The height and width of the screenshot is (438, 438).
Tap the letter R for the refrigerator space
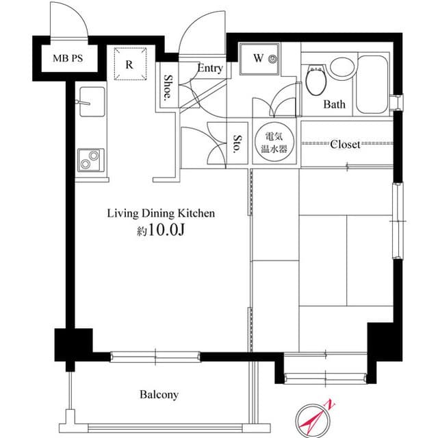pyautogui.click(x=129, y=66)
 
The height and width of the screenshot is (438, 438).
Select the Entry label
pyautogui.click(x=210, y=68)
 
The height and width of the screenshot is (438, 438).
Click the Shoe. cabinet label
pyautogui.click(x=168, y=86)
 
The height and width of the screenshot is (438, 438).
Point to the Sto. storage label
pyautogui.click(x=237, y=145)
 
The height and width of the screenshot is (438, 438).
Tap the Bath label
pyautogui.click(x=335, y=104)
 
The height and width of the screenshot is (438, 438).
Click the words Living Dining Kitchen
pyautogui.click(x=160, y=213)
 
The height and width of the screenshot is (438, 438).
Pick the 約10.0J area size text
pyautogui.click(x=160, y=231)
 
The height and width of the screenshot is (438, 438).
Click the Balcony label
pyautogui.click(x=159, y=394)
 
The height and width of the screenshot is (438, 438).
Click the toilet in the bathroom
pyautogui.click(x=315, y=81)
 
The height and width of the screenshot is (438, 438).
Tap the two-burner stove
pyautogui.click(x=90, y=160)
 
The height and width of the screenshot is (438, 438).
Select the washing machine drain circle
pyautogui.click(x=274, y=58)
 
